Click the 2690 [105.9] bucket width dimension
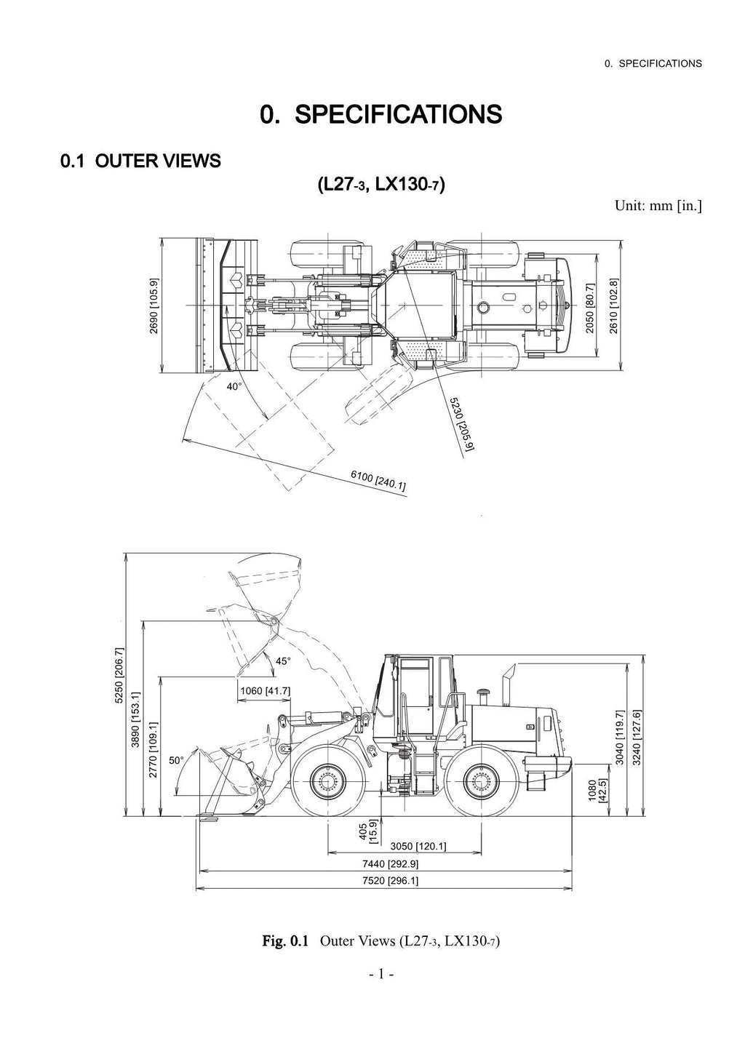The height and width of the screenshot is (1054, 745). (x=154, y=306)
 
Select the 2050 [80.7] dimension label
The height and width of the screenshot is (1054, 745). (x=590, y=308)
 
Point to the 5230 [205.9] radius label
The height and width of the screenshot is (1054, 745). (x=461, y=424)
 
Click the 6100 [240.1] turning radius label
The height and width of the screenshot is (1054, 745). (x=378, y=480)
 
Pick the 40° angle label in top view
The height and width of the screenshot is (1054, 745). (x=234, y=387)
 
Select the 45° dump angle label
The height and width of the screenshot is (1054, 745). (x=283, y=661)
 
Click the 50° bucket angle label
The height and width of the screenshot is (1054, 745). (x=177, y=761)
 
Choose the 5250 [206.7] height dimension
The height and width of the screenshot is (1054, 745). (x=119, y=676)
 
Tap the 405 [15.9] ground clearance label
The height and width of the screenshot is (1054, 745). (x=367, y=831)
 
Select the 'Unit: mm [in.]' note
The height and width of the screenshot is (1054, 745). (x=658, y=205)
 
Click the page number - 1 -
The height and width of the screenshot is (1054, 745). (x=381, y=973)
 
